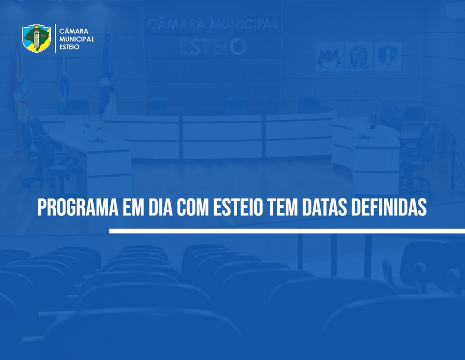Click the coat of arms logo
click(36, 38)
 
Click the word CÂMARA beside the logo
click(74, 31)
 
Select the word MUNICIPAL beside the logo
click(77, 39)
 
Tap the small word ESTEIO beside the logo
click(69, 47)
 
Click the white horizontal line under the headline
click(287, 231)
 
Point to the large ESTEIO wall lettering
click(213, 47)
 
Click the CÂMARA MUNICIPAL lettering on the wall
click(213, 24)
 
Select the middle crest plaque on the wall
click(358, 57)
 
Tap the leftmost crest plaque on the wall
click(329, 57)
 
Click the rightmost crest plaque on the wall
click(388, 57)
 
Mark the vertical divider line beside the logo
click(55, 39)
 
